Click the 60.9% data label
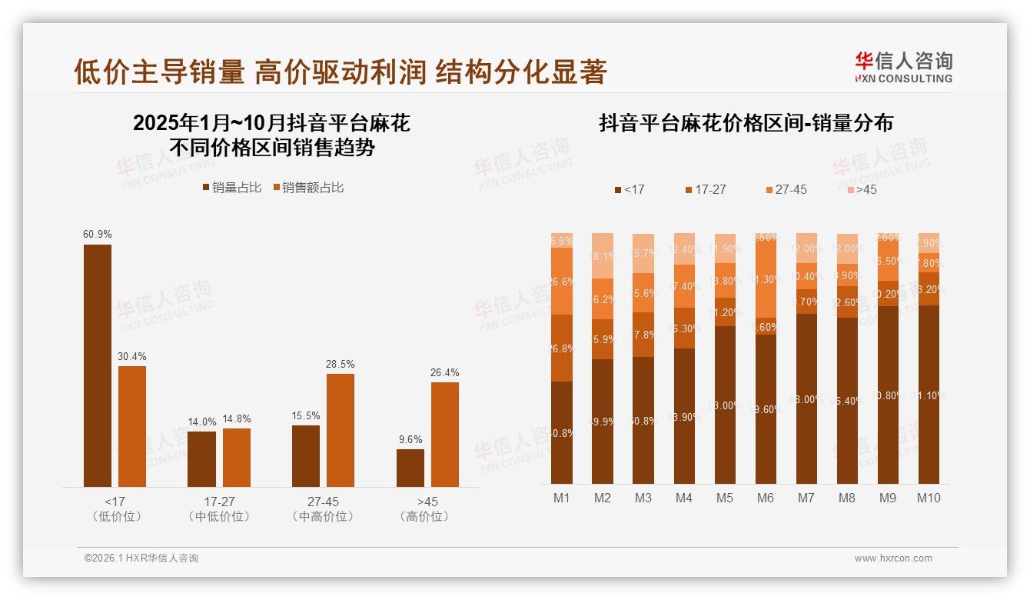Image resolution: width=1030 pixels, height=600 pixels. click(98, 234)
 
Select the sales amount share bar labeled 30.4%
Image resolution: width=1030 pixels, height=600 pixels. click(132, 426)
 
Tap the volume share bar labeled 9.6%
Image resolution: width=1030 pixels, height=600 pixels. click(410, 468)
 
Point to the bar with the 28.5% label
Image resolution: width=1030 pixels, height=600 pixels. click(341, 430)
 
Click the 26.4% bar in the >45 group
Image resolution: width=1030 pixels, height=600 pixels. click(445, 434)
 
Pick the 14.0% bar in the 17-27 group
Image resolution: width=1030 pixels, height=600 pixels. click(202, 458)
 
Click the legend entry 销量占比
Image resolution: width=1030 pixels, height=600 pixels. click(232, 188)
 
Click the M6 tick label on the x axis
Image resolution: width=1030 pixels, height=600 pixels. click(765, 498)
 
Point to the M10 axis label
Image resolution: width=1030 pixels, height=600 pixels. click(929, 498)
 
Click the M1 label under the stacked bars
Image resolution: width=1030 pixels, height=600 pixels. click(562, 498)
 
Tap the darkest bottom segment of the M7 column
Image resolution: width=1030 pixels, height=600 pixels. click(806, 398)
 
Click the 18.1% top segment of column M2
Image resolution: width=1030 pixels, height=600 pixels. click(603, 255)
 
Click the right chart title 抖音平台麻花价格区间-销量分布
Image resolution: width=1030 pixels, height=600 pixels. click(746, 124)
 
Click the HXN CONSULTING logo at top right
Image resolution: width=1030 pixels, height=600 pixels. click(903, 68)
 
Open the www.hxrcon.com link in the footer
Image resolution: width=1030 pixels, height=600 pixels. click(893, 558)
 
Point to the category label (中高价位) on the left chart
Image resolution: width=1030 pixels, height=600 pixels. click(323, 517)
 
